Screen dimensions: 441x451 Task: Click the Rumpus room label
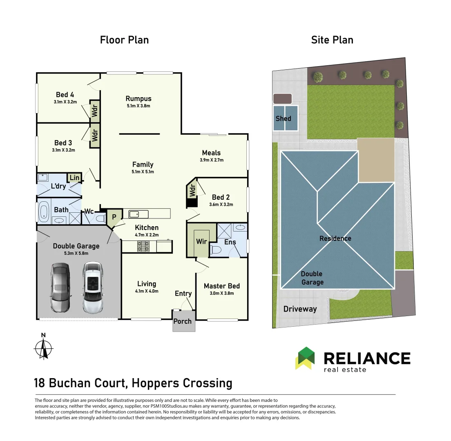pos(138,98)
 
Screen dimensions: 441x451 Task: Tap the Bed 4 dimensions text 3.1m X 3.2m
pos(65,102)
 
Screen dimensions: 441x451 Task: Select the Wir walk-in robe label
pos(201,241)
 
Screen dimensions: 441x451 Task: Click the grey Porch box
pos(183,321)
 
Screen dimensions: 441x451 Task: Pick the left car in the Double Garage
pos(60,287)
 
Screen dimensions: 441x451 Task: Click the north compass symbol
pos(43,347)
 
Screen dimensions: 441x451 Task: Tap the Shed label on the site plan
pos(283,118)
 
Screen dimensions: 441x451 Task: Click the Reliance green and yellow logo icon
pos(305,358)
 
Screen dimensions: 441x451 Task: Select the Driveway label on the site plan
pos(300,309)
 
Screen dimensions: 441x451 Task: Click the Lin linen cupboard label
pos(74,178)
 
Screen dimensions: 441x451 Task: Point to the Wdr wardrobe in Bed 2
pos(191,191)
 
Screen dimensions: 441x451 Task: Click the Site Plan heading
pos(332,40)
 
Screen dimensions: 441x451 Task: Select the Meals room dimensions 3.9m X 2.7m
pos(211,160)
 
